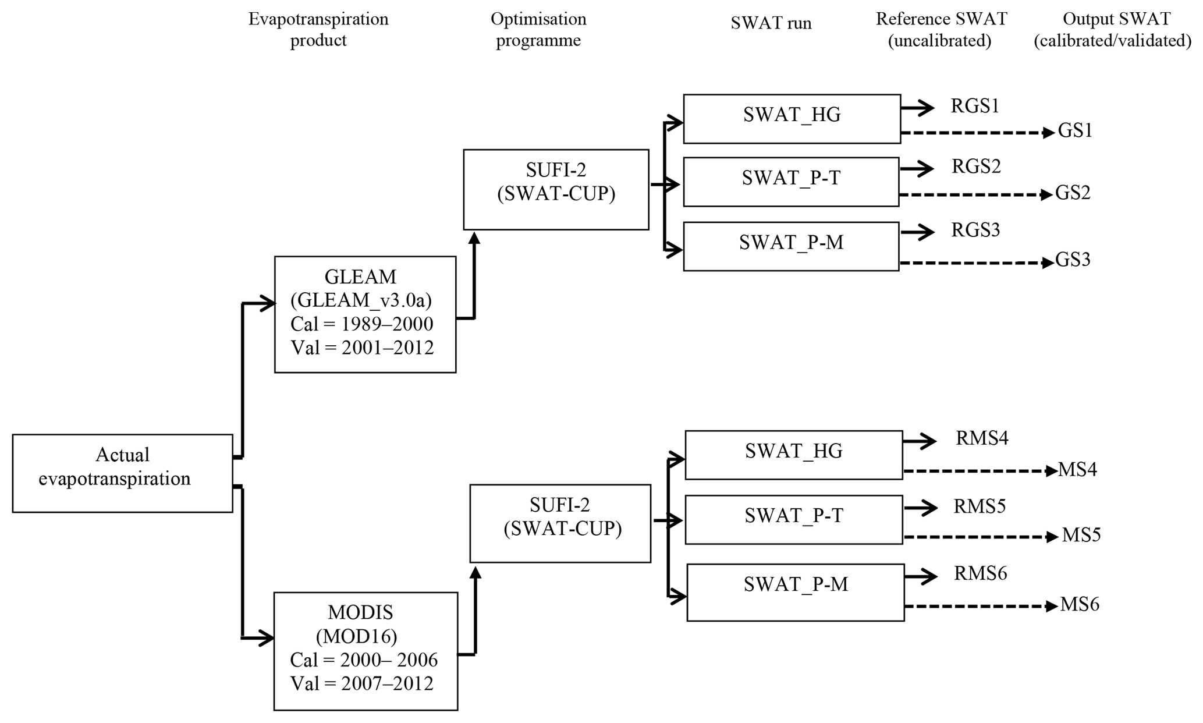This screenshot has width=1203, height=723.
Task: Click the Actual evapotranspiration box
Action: (x=122, y=473)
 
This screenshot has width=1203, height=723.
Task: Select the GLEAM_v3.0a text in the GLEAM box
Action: (x=361, y=300)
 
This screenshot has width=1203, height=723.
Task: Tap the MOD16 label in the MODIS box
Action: (x=357, y=636)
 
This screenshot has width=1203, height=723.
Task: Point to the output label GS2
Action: (x=1073, y=193)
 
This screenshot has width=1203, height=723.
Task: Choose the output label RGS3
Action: (x=975, y=230)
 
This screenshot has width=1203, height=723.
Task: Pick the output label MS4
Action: (x=1077, y=469)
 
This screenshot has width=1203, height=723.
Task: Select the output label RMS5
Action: (x=980, y=506)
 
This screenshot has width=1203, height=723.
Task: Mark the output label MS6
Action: (x=1080, y=605)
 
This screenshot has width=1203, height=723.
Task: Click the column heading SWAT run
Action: (x=771, y=23)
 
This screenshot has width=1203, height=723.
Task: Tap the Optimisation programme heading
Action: (x=538, y=29)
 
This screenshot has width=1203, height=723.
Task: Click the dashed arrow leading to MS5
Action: (x=980, y=537)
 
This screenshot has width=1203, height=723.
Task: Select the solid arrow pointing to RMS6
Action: (x=921, y=576)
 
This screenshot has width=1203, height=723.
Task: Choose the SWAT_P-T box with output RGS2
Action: (x=791, y=182)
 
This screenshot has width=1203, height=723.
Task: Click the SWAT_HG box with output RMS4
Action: (x=793, y=455)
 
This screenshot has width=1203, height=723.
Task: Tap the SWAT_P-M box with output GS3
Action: (x=791, y=246)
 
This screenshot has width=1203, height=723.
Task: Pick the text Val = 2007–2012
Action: (x=362, y=683)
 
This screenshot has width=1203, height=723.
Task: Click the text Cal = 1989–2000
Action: (x=362, y=324)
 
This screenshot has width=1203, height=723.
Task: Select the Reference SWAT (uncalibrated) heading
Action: (x=941, y=29)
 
